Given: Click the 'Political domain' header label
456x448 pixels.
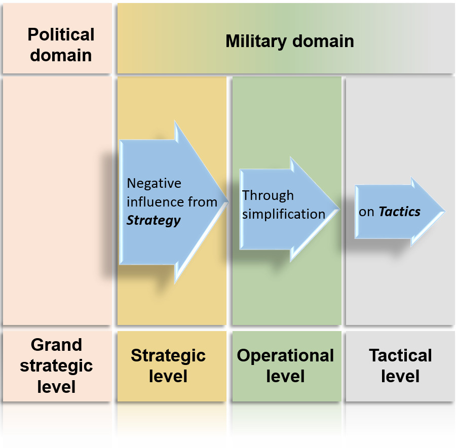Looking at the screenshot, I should coord(61,45).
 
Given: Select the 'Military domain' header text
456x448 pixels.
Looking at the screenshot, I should coord(289,41).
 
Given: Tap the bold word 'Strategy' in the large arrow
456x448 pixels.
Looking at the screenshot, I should coord(153,220).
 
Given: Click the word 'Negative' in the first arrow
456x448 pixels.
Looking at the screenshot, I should coord(154,183).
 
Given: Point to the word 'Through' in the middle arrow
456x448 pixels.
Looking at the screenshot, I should coord(268,195).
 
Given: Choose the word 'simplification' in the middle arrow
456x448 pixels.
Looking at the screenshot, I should coord(283,214).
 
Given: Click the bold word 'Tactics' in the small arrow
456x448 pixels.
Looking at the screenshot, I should coord(400,212).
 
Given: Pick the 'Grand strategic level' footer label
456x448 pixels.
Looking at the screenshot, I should coord(56,365).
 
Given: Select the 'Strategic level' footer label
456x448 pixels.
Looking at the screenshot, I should coord(168,365).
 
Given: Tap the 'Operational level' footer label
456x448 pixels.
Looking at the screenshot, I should coord(285,365).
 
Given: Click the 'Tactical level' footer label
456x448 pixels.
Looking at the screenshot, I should coord(400,365).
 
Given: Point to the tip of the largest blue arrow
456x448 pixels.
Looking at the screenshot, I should coord(227,201).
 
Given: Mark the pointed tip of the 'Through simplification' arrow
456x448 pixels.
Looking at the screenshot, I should coord(338,209).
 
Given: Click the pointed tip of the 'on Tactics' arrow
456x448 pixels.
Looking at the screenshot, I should coord(444,212).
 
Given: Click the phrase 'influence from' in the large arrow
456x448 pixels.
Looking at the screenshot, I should coord(172,202).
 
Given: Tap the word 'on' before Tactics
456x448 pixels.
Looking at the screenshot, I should coord(366,212).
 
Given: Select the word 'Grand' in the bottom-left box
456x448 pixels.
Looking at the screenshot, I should coord(56,345).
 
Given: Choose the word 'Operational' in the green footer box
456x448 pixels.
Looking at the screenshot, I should coord(285,355).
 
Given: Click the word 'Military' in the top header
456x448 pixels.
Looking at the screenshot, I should coord(256,41).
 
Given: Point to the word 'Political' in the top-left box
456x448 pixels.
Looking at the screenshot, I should coord(61,35).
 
